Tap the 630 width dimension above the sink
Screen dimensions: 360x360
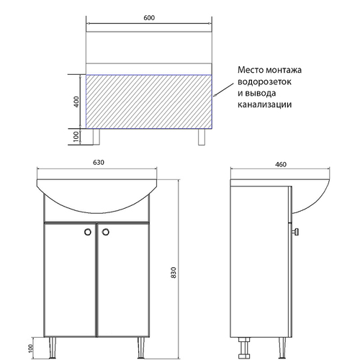tap(99, 162)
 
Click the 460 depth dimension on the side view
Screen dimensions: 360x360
tap(281, 165)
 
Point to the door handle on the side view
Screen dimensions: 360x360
tap(296, 232)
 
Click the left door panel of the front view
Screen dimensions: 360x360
tap(70, 281)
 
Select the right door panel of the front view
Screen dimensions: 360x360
tap(122, 281)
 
